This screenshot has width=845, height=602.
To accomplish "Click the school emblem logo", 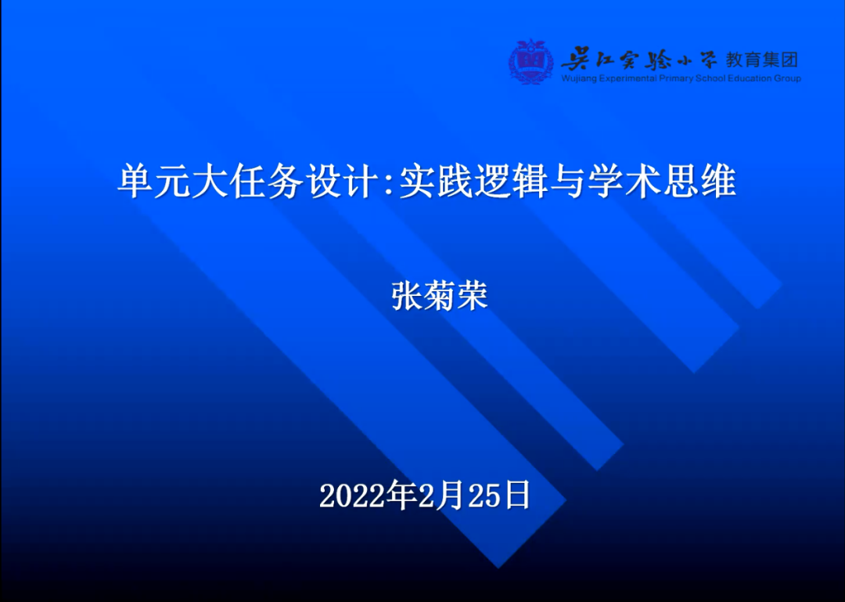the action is [x=530, y=61].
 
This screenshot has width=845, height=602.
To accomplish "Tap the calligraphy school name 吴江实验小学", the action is [x=639, y=58].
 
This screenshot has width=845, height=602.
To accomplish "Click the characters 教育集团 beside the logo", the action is [x=761, y=59].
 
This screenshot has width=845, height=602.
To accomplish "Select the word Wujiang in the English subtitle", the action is [x=579, y=79].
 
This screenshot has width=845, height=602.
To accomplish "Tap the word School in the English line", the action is [x=710, y=78].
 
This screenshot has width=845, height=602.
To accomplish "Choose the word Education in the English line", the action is [x=750, y=78].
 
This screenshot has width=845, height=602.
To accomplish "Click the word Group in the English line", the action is [x=787, y=79].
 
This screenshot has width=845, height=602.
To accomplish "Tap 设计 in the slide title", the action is [x=341, y=182].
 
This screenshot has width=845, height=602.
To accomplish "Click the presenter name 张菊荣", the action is [x=440, y=296].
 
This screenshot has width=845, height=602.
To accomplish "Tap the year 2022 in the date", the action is [x=352, y=496].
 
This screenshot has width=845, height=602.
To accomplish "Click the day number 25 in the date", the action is [x=484, y=496].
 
